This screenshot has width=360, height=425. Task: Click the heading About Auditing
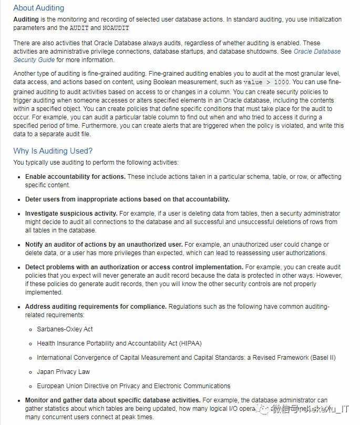point(38,8)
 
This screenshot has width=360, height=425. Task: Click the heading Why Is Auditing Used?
point(53,151)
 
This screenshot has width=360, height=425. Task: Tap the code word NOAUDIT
point(116,28)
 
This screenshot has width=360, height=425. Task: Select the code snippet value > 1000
point(266,82)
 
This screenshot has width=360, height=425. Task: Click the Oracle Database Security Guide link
point(317,52)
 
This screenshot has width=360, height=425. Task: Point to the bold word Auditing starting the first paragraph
point(26,19)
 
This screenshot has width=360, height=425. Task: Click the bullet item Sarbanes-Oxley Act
point(65,329)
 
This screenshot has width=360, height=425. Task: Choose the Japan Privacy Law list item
point(63,372)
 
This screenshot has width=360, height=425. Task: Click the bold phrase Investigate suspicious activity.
point(71,214)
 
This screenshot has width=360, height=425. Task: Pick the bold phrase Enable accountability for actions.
point(75,177)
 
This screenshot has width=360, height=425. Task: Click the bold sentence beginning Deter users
point(127,199)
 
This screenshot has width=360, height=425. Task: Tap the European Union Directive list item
point(133,386)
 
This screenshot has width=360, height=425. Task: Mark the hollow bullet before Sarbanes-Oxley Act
point(31,329)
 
